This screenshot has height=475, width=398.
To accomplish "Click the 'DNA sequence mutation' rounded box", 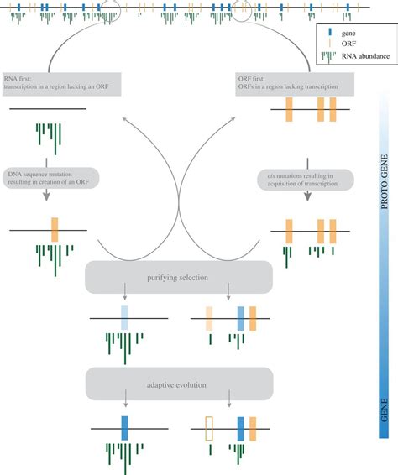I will [52, 178].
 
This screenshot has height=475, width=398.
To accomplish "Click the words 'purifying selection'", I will [179, 276].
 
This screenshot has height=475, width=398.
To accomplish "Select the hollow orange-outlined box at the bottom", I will [210, 427].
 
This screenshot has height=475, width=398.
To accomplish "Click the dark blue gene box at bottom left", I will [124, 427].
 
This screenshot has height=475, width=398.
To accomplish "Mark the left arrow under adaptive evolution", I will [124, 405].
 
